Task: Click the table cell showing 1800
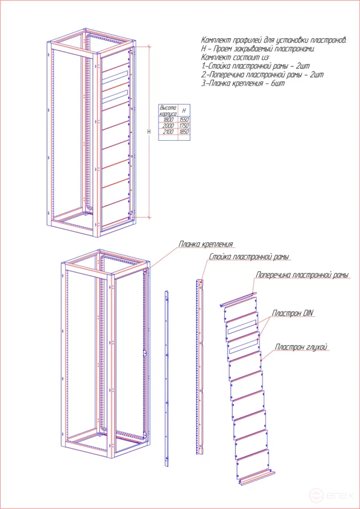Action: pyautogui.click(x=168, y=120)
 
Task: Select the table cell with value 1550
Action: pyautogui.click(x=183, y=120)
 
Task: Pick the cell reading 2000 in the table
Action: pyautogui.click(x=168, y=125)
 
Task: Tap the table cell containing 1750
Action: pyautogui.click(x=183, y=125)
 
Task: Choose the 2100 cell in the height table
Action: pyautogui.click(x=168, y=132)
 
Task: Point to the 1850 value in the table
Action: pyautogui.click(x=183, y=132)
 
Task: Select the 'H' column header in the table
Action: pyautogui.click(x=183, y=111)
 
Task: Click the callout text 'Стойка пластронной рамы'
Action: pyautogui.click(x=249, y=257)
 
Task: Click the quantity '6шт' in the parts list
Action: pyautogui.click(x=278, y=83)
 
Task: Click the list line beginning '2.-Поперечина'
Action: pyautogui.click(x=262, y=75)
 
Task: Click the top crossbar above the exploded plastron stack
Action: pyautogui.click(x=238, y=299)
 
